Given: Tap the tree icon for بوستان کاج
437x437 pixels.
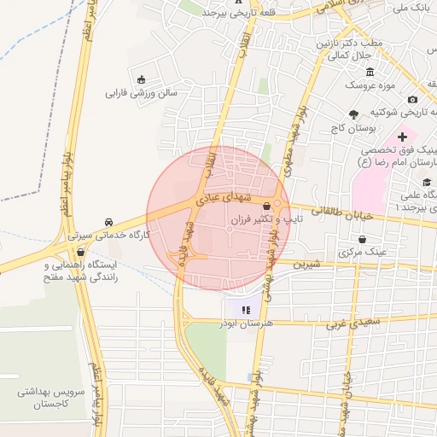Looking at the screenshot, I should pyautogui.click(x=353, y=114).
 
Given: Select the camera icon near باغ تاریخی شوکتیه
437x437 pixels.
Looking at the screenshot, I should pyautogui.click(x=414, y=100).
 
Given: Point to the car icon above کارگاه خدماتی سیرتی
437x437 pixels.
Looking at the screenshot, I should pyautogui.click(x=108, y=220).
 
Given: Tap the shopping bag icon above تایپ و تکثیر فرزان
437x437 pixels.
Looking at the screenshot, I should pyautogui.click(x=267, y=206).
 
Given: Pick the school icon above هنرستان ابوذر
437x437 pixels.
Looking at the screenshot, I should pyautogui.click(x=246, y=309).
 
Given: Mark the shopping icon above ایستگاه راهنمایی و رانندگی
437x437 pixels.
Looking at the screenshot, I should pyautogui.click(x=81, y=252).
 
